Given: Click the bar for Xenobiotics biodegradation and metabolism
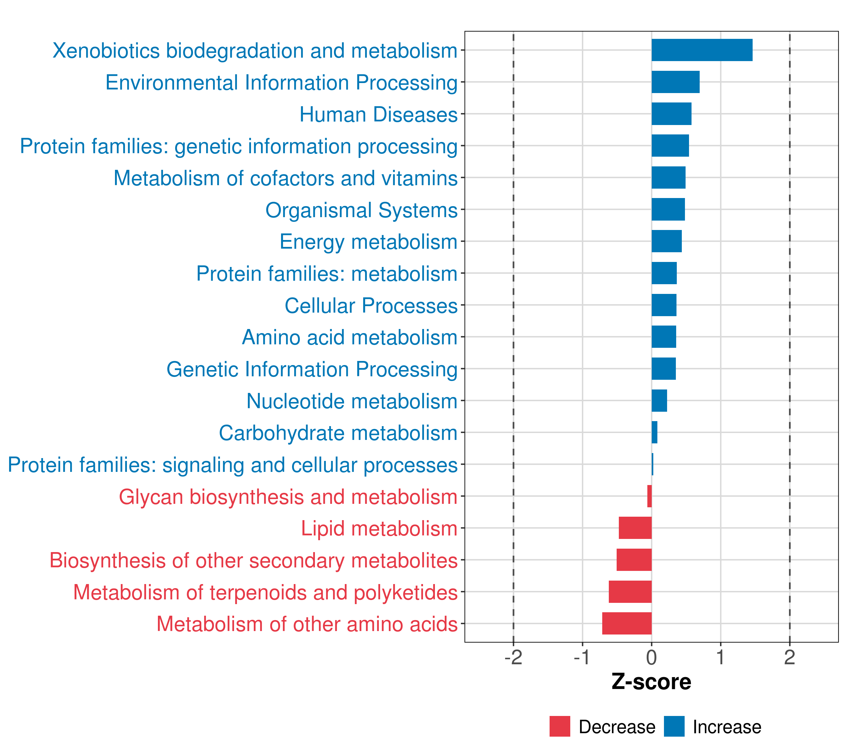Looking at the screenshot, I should tap(702, 50).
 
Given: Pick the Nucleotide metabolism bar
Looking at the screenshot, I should tap(659, 401).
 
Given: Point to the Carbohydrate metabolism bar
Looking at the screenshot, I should tap(654, 432).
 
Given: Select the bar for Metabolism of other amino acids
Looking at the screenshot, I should tap(627, 623).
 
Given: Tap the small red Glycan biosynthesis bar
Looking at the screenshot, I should tap(650, 496).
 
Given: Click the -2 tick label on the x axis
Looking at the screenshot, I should tap(513, 658).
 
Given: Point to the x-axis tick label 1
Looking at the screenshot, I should tap(721, 658).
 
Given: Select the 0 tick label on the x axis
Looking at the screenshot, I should tap(651, 658).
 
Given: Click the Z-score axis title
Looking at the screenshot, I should tap(651, 682).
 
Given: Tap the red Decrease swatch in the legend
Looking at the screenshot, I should tap(560, 727).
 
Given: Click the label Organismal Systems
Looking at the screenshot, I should tap(361, 210).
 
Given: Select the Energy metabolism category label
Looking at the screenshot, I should tap(368, 242).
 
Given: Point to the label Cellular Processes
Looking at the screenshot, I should tap(371, 306).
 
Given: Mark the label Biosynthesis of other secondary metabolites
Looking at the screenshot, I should tap(253, 561).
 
